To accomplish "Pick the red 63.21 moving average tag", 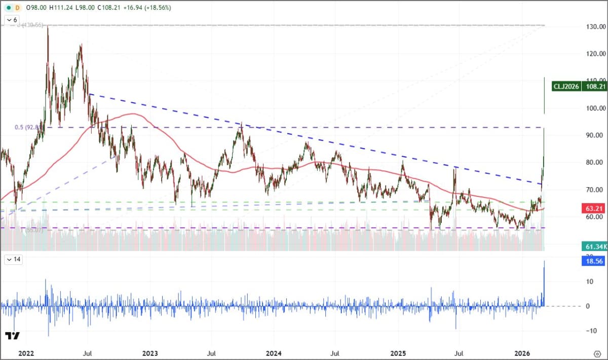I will [593, 208].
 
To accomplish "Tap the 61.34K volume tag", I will [593, 246].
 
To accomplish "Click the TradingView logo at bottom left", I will [12, 336].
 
